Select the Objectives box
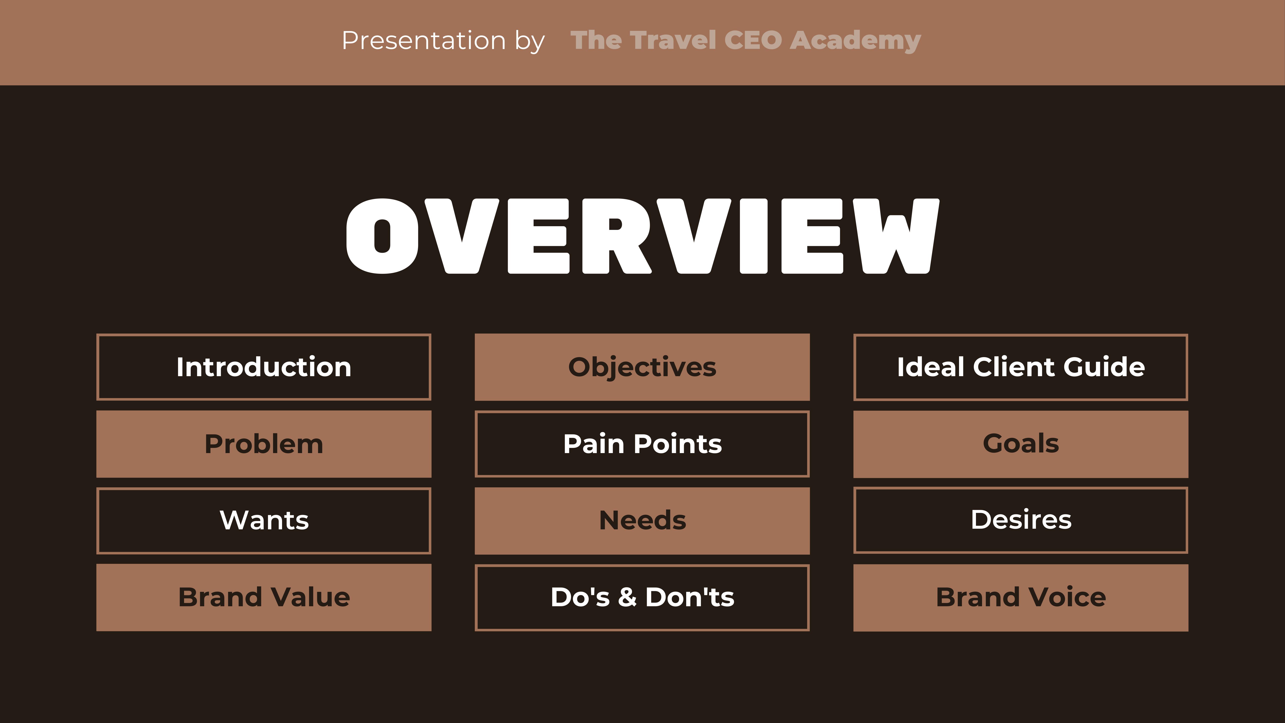click(642, 367)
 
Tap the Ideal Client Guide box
click(1021, 367)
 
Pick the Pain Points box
click(642, 444)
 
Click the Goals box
click(1021, 444)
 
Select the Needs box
click(642, 520)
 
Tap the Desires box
click(1021, 520)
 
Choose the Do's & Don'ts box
click(642, 597)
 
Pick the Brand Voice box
click(1021, 597)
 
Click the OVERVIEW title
click(642, 236)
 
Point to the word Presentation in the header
click(424, 40)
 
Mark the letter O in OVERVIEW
click(382, 236)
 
